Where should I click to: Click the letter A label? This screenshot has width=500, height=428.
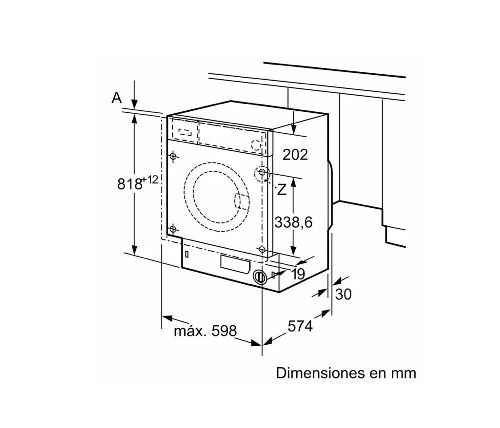pyautogui.click(x=117, y=98)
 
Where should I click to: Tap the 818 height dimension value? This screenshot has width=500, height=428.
pyautogui.click(x=129, y=184)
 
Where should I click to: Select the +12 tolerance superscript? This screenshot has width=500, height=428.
pyautogui.click(x=150, y=179)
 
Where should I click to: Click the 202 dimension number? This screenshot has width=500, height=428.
pyautogui.click(x=295, y=155)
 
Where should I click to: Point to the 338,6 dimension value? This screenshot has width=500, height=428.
pyautogui.click(x=294, y=222)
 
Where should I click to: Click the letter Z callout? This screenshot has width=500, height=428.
pyautogui.click(x=281, y=190)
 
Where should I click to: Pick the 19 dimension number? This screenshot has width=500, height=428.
pyautogui.click(x=299, y=274)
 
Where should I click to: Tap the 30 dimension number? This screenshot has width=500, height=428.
pyautogui.click(x=343, y=294)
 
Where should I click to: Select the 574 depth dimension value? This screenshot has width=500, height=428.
pyautogui.click(x=300, y=326)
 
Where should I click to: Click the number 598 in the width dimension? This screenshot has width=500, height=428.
pyautogui.click(x=224, y=331)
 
